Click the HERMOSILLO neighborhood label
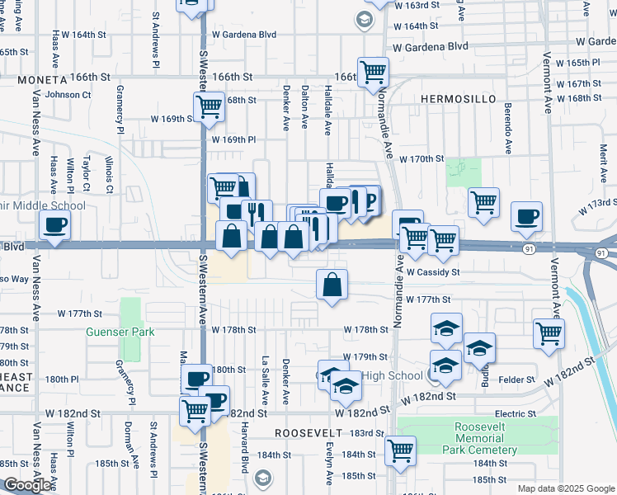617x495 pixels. click(458, 99)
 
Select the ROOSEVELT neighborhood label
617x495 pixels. click(308, 433)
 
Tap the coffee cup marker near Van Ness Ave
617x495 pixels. click(55, 224)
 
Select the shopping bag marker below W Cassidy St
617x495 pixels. click(332, 285)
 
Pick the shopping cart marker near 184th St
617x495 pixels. click(400, 450)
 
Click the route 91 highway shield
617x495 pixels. click(528, 247)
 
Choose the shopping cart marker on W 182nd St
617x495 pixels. click(195, 409)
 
